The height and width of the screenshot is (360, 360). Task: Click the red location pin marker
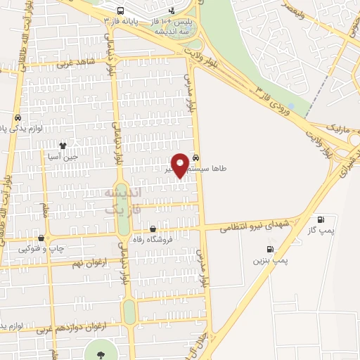[x=180, y=164]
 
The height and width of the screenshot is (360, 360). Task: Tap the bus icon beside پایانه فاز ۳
[x=122, y=11]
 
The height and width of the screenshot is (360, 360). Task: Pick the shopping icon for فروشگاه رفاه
[x=153, y=229]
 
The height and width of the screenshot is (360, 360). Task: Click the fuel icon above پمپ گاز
[x=321, y=219]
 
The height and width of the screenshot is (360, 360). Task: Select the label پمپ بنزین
[x=271, y=260]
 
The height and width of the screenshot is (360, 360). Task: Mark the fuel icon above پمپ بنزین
[x=270, y=249]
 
